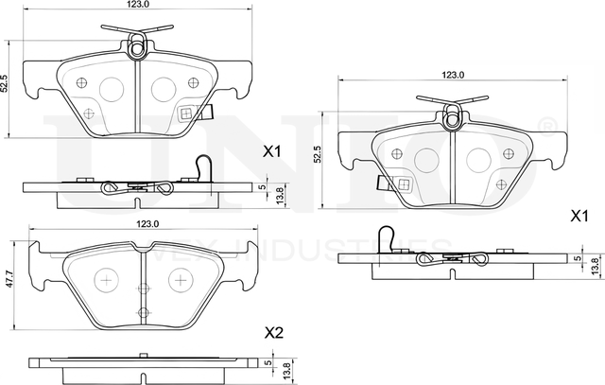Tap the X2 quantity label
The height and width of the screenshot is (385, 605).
(274, 332)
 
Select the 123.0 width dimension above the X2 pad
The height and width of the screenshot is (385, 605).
(146, 224)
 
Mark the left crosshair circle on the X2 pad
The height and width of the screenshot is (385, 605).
(105, 280)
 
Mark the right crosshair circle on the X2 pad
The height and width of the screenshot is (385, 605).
(179, 281)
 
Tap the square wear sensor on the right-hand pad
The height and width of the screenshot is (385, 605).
(402, 184)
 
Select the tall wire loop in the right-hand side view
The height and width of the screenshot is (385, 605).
(387, 239)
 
